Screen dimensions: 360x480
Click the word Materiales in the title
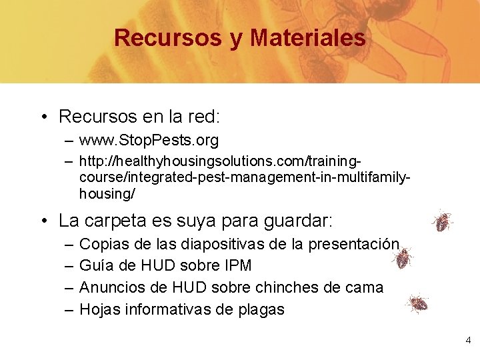(x=307, y=37)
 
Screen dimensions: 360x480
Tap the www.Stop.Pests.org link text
(x=149, y=141)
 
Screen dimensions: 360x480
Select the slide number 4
(x=468, y=341)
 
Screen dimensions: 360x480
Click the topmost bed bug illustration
(x=442, y=221)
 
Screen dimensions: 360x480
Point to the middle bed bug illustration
(x=403, y=257)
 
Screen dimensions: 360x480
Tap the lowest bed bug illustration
(x=418, y=305)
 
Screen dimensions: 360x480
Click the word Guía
(x=95, y=265)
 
